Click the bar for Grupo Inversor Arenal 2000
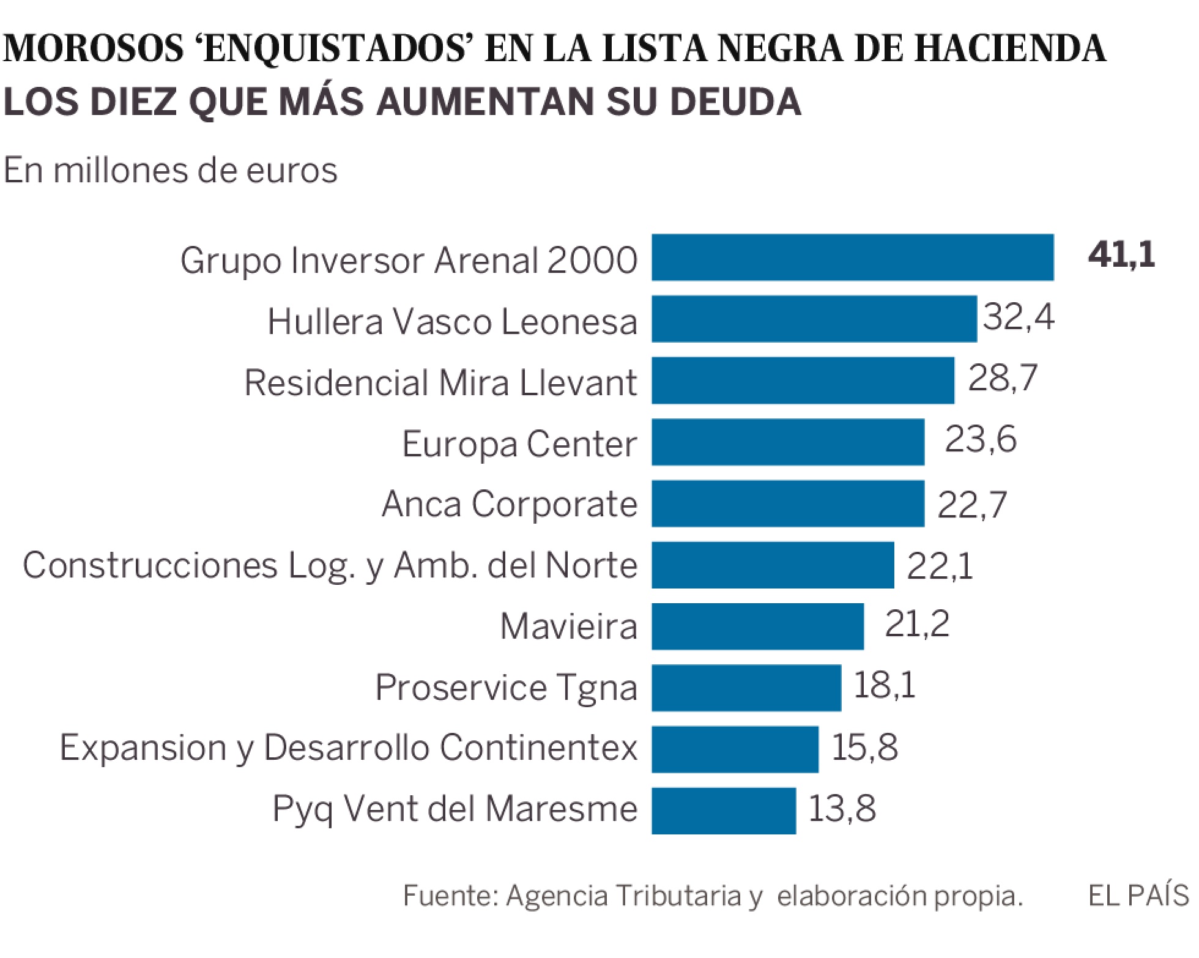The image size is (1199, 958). pos(853,258)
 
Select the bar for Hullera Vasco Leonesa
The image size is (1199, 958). pos(814,319)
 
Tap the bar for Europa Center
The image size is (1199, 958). pos(788,442)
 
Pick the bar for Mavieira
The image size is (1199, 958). pos(758,626)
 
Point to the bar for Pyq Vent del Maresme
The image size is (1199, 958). pos(724,811)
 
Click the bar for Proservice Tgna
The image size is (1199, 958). pos(746,688)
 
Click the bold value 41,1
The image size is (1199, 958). pos(1121,255)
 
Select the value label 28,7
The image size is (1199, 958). pos(1003,377)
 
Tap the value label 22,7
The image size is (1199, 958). pos(972,505)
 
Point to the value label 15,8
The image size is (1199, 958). pos(864,747)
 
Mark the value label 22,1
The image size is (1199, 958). pos(940,566)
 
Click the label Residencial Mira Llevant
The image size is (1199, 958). pos(440,383)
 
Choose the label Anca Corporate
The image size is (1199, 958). pos(510,505)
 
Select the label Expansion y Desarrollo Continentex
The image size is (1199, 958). pos(349,748)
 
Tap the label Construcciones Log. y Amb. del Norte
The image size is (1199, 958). pos(330,565)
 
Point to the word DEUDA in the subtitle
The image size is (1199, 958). pos(734,101)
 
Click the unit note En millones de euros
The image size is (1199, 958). pos(171,170)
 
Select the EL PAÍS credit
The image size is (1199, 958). pos(1138,896)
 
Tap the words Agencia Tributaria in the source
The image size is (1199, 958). pos(624,896)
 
